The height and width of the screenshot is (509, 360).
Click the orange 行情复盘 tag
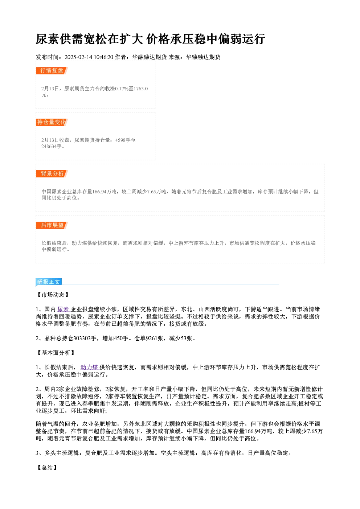[52, 71]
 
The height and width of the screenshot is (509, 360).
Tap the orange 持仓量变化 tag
[52, 122]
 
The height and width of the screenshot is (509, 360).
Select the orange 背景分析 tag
[52, 174]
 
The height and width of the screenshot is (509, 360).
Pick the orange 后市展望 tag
[52, 225]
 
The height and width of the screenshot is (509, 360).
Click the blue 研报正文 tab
[49, 282]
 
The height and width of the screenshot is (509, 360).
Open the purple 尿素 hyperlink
[64, 309]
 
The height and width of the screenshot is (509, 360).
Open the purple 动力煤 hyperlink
[90, 367]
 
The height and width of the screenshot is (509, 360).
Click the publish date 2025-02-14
[78, 57]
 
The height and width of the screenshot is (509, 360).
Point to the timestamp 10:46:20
[103, 57]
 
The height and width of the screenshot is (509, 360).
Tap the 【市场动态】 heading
[53, 295]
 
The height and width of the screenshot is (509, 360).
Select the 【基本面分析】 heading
[56, 353]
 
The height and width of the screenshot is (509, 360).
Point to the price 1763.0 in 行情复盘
[141, 89]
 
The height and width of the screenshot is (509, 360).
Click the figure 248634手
[52, 146]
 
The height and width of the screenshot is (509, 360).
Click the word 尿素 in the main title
[48, 39]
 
